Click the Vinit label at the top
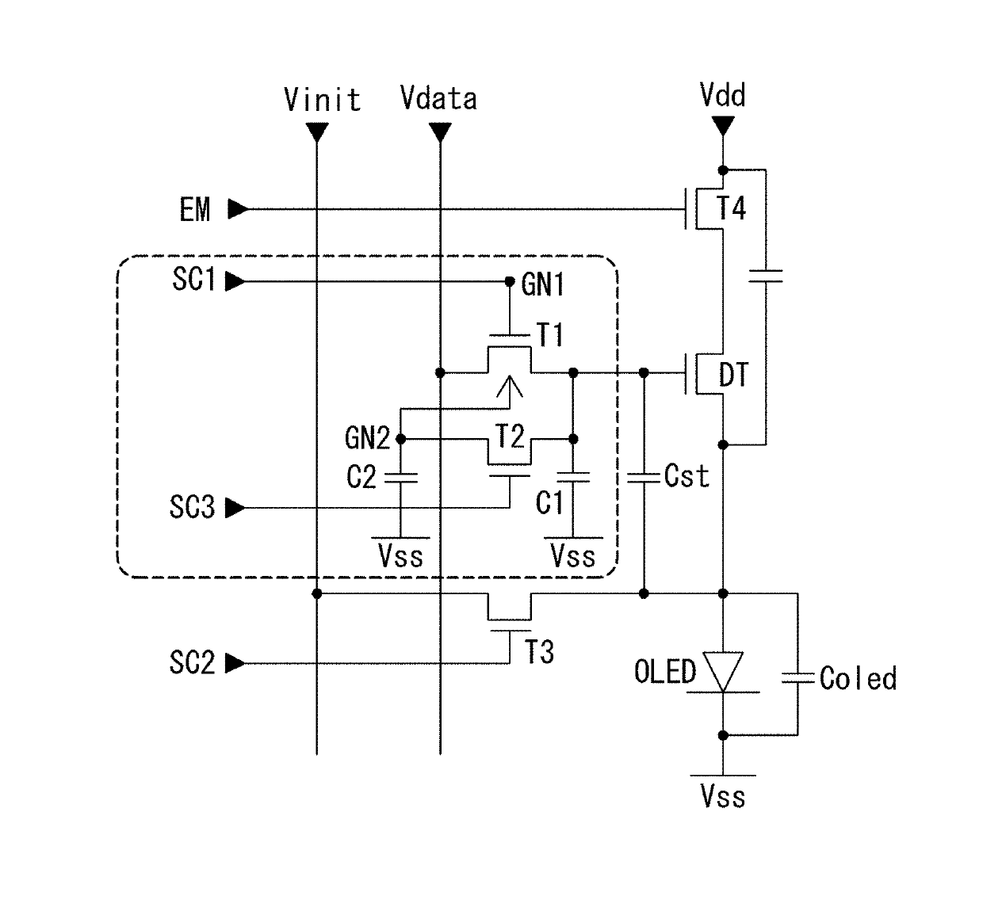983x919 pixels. (x=322, y=100)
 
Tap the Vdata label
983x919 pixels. (x=438, y=98)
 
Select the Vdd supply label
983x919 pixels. (x=723, y=95)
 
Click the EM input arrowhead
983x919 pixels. (x=238, y=209)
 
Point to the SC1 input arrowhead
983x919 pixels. (x=235, y=281)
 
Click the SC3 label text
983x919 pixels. (x=192, y=507)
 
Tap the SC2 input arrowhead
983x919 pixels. (x=235, y=663)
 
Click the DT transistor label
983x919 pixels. (x=734, y=375)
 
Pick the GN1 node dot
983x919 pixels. (x=509, y=281)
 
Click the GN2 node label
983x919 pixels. (x=367, y=438)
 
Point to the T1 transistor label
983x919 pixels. (x=550, y=335)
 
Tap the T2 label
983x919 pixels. (x=510, y=437)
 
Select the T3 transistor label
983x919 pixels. (x=539, y=652)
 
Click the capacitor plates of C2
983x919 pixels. (x=401, y=478)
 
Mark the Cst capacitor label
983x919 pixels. (x=687, y=476)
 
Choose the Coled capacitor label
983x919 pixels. (x=859, y=678)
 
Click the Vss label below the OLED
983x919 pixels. (x=723, y=797)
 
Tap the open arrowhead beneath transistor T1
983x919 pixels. (x=509, y=387)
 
